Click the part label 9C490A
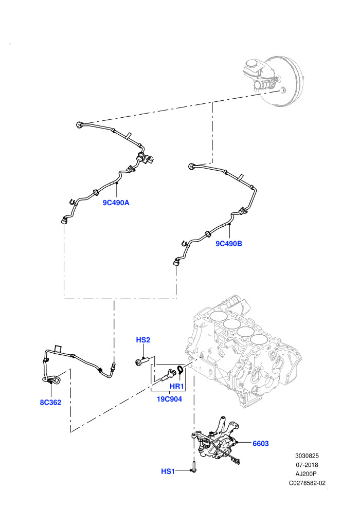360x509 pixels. (x=116, y=203)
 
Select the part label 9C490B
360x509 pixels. (x=229, y=244)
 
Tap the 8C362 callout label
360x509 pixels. (x=50, y=403)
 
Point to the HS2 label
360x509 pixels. (x=143, y=340)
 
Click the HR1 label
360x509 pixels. (x=177, y=387)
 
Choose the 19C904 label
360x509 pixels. (x=169, y=399)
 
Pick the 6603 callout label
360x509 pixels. (x=261, y=443)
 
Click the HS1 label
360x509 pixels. (x=168, y=471)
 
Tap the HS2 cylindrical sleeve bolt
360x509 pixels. (x=142, y=361)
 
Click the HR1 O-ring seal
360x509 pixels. (x=178, y=370)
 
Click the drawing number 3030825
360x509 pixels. (x=307, y=456)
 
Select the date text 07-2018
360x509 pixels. (x=307, y=465)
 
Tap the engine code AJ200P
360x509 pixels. (x=307, y=474)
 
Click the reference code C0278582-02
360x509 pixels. (x=307, y=483)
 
